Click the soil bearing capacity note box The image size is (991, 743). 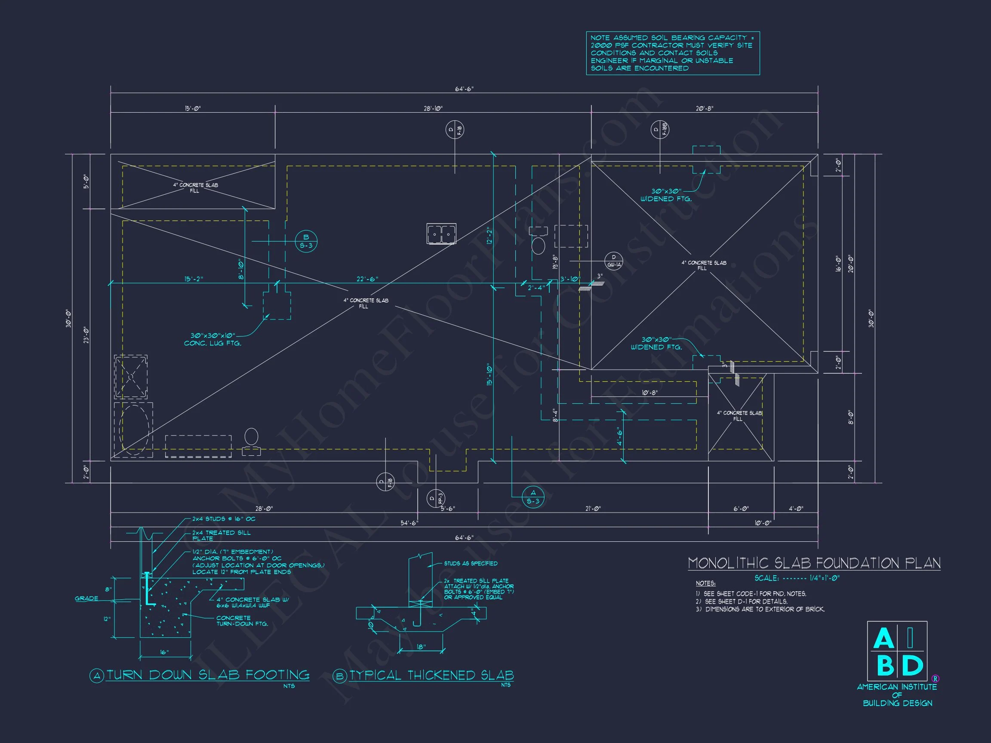click(672, 53)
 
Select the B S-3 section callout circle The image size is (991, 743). click(306, 241)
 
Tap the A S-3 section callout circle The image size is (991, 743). click(533, 497)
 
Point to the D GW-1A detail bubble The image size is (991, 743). click(614, 261)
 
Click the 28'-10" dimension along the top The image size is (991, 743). click(433, 108)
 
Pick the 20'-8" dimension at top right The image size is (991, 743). click(705, 108)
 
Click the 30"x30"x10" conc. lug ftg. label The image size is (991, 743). click(213, 339)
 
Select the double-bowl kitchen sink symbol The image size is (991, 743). click(441, 233)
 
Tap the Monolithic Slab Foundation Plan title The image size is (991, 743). click(814, 563)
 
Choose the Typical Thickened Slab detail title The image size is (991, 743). click(431, 675)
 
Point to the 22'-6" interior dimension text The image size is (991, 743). click(367, 279)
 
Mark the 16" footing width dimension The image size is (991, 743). click(164, 652)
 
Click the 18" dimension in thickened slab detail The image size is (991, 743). click(421, 647)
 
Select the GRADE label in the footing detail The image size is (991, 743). click(86, 599)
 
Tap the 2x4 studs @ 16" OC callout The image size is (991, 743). click(224, 519)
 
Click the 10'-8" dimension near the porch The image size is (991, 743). click(649, 393)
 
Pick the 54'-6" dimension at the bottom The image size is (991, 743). click(409, 523)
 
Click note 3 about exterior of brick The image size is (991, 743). click(760, 609)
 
